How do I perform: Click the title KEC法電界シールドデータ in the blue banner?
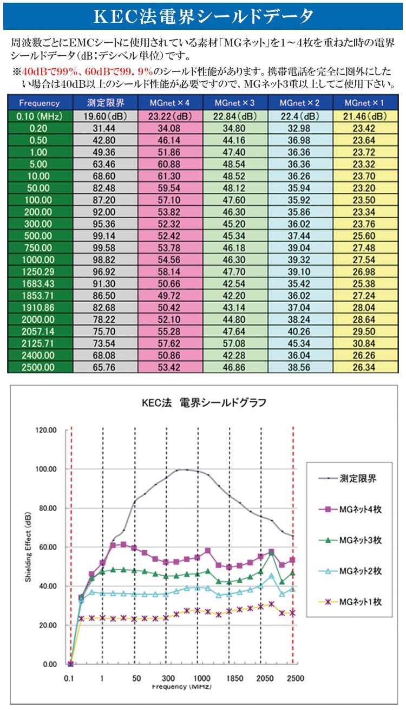[204, 15]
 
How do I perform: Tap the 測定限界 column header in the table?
[107, 103]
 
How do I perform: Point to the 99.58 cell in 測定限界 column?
[107, 248]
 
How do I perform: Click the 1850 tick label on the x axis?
[233, 678]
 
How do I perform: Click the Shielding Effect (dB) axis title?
[28, 547]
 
